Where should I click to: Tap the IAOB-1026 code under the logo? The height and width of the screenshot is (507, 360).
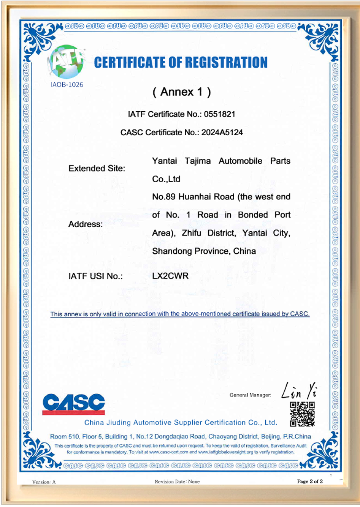click(x=67, y=85)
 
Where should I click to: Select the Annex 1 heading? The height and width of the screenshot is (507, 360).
click(x=182, y=92)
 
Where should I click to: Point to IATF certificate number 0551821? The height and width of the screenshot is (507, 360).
click(x=219, y=114)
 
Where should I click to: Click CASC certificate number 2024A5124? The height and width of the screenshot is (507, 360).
click(x=222, y=132)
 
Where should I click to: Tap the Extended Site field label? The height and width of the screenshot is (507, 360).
click(x=97, y=169)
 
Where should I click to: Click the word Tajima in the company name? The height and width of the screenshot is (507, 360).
click(x=198, y=161)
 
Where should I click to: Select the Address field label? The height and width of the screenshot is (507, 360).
click(x=86, y=224)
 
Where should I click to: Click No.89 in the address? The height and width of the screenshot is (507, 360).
click(x=163, y=197)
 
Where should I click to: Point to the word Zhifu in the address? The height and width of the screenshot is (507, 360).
click(x=191, y=233)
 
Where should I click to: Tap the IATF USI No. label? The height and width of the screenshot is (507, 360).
click(x=95, y=276)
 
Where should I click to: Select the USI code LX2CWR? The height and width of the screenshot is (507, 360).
click(x=170, y=276)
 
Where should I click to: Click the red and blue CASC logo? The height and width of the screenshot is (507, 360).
click(x=74, y=404)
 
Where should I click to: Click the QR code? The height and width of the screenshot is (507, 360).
click(x=302, y=414)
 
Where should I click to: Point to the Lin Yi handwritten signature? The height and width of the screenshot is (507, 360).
click(x=299, y=391)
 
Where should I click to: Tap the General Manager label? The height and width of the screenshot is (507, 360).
click(x=250, y=395)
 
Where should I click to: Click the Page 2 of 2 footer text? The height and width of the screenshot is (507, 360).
click(x=310, y=481)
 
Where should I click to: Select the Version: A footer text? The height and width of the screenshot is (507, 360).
click(x=44, y=482)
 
